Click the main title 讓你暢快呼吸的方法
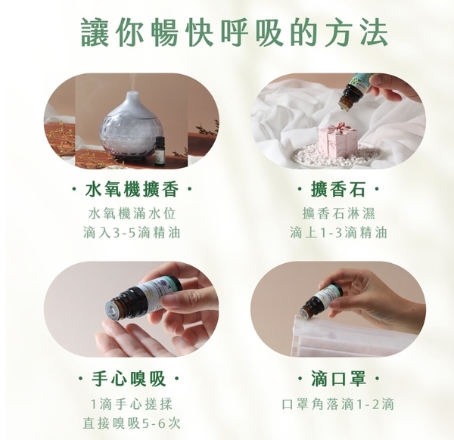[235, 33]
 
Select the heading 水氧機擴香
[132, 190]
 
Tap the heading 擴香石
[338, 190]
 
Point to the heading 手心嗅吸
[129, 378]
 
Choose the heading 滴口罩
[338, 378]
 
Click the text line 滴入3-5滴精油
[132, 233]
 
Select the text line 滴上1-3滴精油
[338, 233]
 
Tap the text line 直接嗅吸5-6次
[132, 423]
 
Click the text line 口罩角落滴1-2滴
[338, 404]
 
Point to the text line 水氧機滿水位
[132, 214]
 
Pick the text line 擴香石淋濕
[338, 214]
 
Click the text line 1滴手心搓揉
[132, 404]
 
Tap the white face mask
[342, 336]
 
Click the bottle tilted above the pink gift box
[355, 91]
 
